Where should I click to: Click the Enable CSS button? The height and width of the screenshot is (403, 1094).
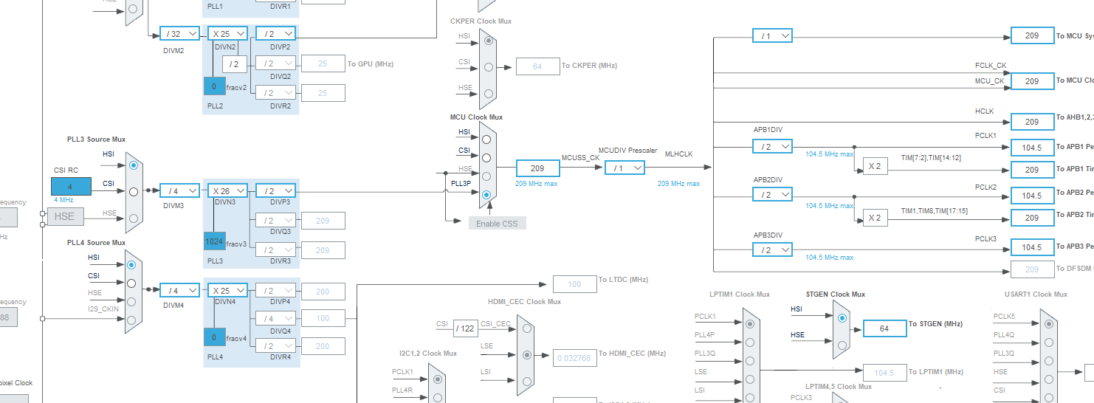point(498,223)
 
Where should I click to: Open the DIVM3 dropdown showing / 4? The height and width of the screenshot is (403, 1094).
point(179,190)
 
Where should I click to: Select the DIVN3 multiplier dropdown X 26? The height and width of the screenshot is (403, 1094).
point(228,190)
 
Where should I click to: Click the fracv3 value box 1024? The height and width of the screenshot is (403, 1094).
point(215,241)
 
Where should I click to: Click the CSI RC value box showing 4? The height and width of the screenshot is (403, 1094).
point(71,187)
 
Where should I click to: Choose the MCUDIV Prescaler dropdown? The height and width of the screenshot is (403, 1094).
point(625,168)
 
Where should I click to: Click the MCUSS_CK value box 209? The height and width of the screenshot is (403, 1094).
point(537,168)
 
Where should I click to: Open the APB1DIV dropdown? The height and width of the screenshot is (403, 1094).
point(772,147)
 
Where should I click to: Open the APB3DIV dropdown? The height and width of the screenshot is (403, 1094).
point(772,249)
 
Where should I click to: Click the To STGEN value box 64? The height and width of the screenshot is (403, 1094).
point(884,328)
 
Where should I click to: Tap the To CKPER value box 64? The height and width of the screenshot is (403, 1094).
point(537,66)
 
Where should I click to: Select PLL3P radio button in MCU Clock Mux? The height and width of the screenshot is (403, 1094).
point(486,195)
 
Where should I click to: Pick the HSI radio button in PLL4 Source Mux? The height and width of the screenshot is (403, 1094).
point(131,264)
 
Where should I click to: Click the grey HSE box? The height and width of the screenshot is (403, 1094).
point(64,216)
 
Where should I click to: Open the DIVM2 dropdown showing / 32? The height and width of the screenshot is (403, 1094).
point(179,33)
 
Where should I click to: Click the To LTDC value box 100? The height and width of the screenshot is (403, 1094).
point(574,284)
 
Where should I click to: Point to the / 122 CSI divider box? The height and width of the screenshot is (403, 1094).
point(465,328)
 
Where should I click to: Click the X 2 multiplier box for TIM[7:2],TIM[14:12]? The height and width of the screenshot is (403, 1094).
point(875,166)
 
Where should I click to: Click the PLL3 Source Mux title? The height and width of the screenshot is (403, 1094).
point(96,139)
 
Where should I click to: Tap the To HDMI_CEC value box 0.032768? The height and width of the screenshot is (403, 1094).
point(575,358)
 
